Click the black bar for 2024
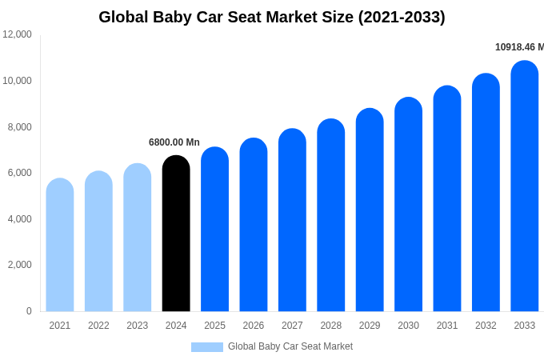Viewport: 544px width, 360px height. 176,234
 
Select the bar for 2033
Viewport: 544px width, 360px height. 525,186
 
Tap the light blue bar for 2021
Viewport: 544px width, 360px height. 60,245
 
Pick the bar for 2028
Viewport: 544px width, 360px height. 331,215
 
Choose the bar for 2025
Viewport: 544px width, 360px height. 214,230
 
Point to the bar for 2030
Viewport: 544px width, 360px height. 408,205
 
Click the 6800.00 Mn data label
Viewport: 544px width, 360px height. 174,142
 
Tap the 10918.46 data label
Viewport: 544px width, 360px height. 519,47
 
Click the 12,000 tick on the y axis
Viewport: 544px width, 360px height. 18,34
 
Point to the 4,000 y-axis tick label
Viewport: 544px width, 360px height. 18,219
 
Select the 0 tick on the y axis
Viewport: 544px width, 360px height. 29,311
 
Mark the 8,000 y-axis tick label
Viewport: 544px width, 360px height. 18,127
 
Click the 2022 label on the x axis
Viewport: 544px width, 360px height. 98,326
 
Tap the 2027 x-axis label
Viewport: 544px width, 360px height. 292,326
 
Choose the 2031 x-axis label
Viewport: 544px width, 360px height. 447,326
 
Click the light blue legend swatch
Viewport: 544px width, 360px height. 207,347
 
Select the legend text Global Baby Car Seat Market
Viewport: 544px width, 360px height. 290,346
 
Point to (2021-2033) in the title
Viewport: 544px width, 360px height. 402,17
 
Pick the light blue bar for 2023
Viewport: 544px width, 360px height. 138,238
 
